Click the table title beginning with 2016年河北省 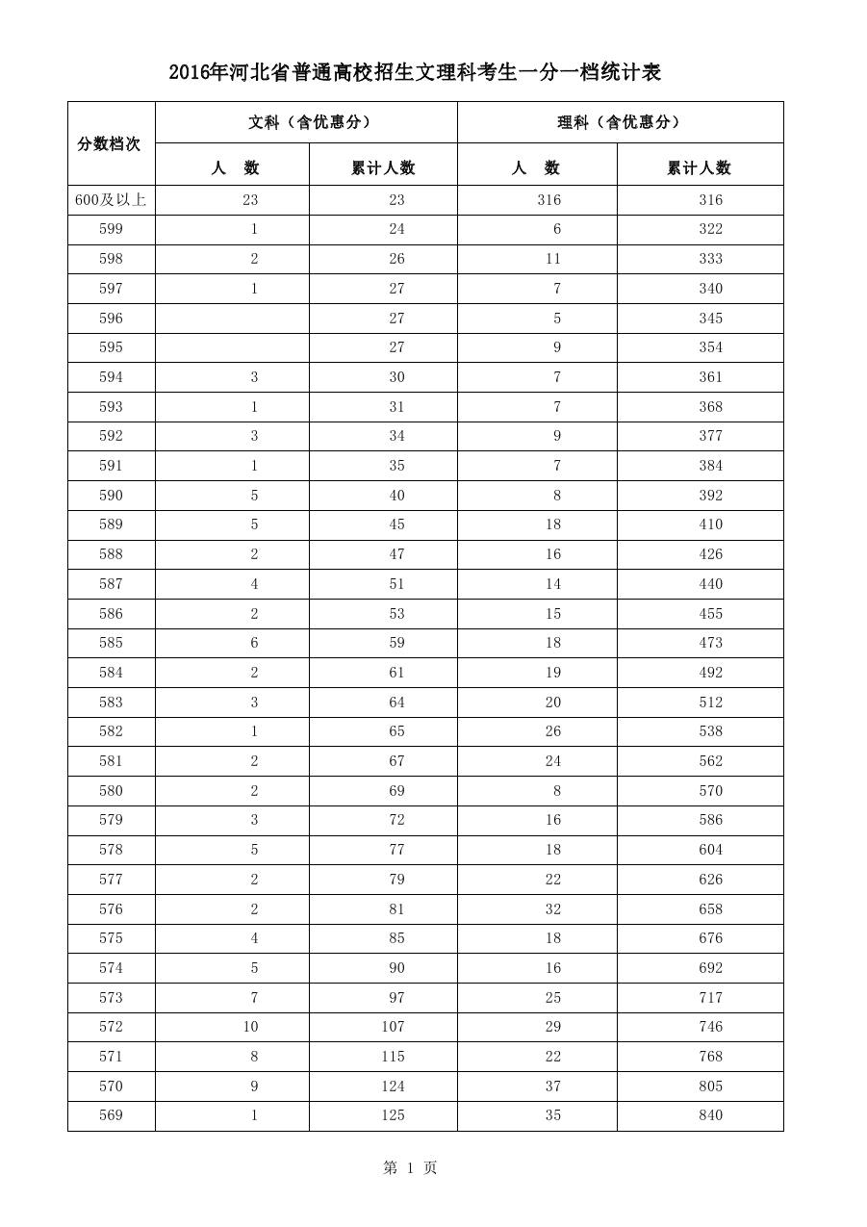pos(415,73)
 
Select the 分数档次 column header pos(109,144)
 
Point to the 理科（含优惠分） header pos(619,122)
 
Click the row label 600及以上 pos(111,200)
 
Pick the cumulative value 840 pos(710,1115)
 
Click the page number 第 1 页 pos(410,1167)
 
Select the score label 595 pos(111,347)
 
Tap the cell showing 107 pos(393,1027)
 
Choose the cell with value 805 pos(710,1086)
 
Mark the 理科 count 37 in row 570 pos(552,1086)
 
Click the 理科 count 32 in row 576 pos(552,909)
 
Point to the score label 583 pos(111,703)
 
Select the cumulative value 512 pos(710,703)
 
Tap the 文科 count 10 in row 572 pos(250,1027)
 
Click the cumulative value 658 pos(710,909)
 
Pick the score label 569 pos(111,1115)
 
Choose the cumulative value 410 pos(710,524)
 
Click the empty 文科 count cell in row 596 pos(232,319)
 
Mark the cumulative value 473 pos(710,643)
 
